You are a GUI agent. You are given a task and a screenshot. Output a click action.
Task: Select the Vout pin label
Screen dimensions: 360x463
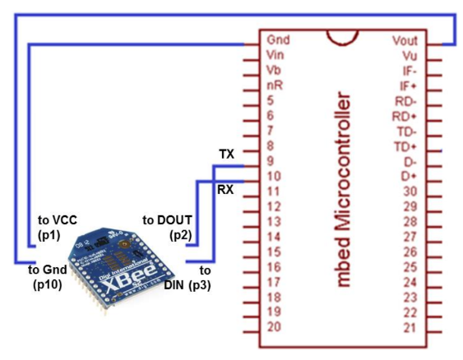point(405,39)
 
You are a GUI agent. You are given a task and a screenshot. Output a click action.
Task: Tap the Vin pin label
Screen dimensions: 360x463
point(275,55)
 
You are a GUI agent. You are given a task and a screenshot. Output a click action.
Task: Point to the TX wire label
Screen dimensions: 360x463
point(227,154)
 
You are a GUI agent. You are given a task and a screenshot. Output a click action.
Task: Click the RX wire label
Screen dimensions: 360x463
point(226,189)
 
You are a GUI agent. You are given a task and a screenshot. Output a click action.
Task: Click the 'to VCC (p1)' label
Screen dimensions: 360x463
point(56,227)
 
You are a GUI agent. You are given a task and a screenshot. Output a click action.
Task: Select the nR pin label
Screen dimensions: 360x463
point(275,85)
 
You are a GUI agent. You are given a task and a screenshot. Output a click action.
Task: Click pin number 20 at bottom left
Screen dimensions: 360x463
point(275,327)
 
